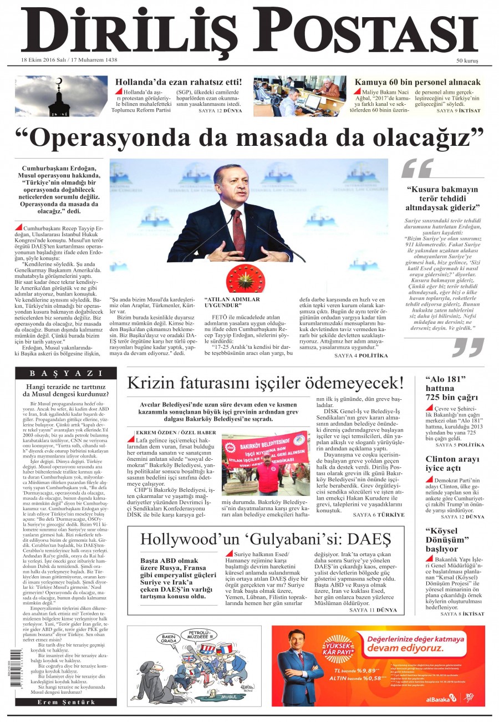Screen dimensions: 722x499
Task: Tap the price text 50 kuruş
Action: coord(467,60)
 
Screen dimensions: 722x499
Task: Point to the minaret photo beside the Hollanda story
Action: coord(62,96)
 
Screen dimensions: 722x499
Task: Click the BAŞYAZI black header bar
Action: coord(66,373)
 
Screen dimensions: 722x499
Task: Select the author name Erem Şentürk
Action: coord(66,702)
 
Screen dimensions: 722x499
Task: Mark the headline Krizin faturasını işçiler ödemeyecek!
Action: coord(265,383)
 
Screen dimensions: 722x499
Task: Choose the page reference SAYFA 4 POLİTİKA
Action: coord(361,356)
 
